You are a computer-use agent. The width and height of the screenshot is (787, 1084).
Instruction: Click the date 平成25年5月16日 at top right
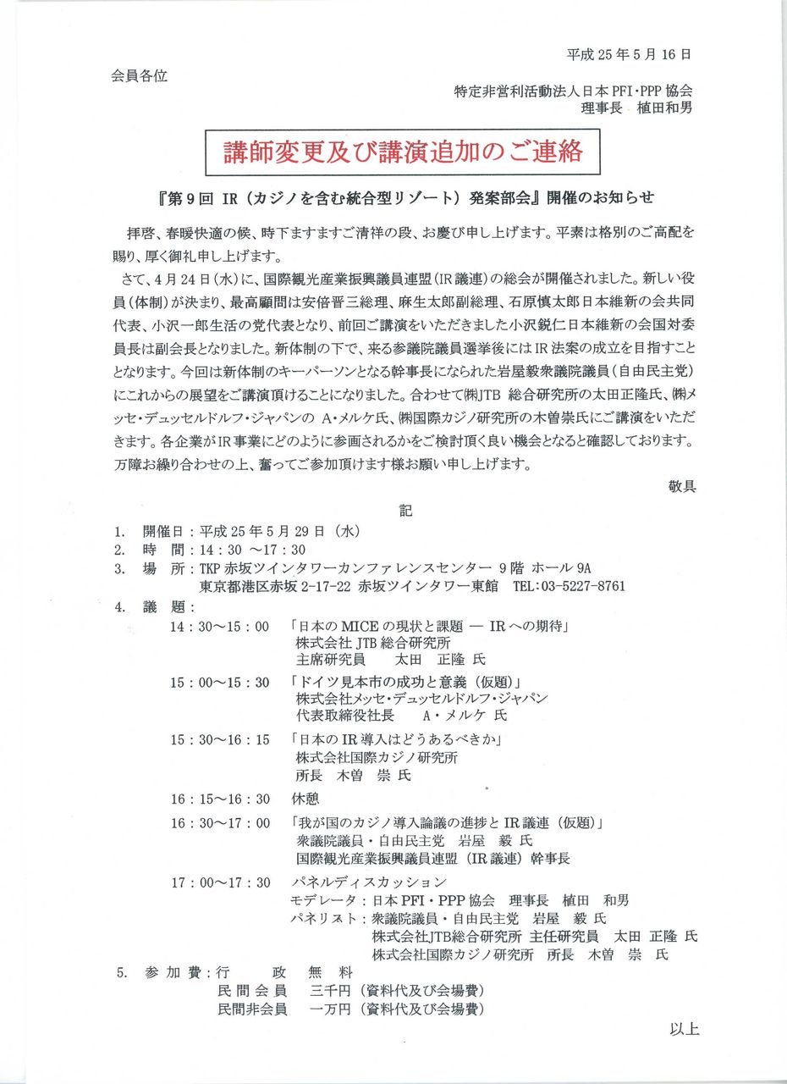pos(629,54)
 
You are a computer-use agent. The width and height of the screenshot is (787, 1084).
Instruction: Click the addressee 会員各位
pos(139,75)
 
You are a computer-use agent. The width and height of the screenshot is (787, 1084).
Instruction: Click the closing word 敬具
pos(681,487)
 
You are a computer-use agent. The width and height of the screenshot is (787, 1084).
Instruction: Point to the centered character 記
pos(406,511)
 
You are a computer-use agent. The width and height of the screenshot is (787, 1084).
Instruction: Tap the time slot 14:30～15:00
pos(218,627)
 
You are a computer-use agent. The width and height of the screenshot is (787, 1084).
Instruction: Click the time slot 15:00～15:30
pos(218,683)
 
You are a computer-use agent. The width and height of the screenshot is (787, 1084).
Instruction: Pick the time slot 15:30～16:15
pos(218,739)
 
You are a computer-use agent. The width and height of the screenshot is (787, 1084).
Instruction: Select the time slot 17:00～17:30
pos(218,882)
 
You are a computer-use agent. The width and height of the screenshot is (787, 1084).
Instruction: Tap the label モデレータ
pos(323,900)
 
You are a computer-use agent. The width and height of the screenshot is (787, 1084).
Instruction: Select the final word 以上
pos(684,1030)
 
